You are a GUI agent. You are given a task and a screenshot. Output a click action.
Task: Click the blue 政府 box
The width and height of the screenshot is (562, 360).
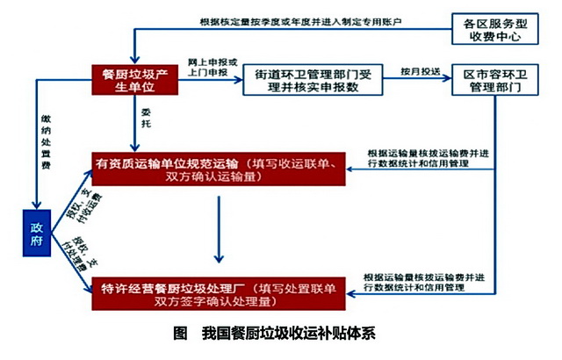[39, 234]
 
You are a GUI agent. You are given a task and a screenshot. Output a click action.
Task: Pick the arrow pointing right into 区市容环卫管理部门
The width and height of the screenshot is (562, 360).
[439, 79]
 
